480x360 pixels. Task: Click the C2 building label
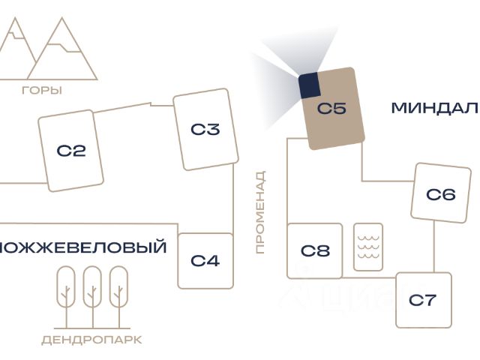coord(71,151)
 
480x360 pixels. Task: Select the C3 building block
coord(205,129)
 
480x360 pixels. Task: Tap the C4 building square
coord(205,260)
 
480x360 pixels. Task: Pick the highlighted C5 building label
coord(331,109)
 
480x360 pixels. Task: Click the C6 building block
coord(440,194)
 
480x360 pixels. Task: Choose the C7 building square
coord(423,300)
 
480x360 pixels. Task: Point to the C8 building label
coord(315,250)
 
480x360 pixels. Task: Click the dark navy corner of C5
coord(310,85)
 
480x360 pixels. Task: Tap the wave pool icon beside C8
coord(368,246)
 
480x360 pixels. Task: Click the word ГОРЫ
coord(42,91)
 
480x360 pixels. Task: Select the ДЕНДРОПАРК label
coord(91,340)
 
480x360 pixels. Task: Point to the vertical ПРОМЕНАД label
coord(260,212)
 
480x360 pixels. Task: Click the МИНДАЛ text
coord(434,108)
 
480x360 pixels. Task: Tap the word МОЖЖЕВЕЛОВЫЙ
coord(82,247)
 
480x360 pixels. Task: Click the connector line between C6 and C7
coord(434,247)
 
